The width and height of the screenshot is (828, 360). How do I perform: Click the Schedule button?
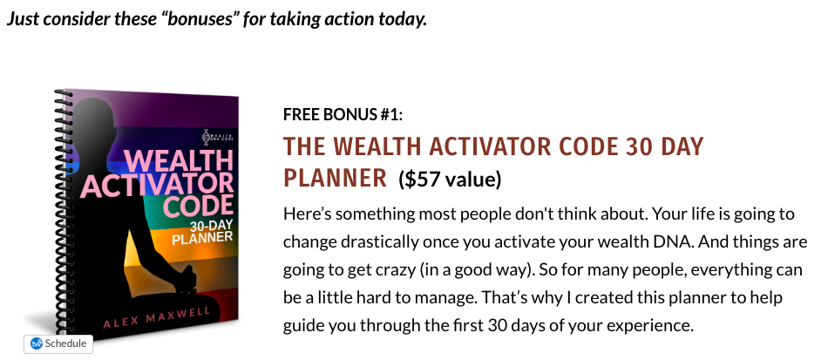tap(58, 343)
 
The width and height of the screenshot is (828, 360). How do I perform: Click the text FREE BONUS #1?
tap(343, 114)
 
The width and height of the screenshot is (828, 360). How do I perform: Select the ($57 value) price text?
tap(450, 180)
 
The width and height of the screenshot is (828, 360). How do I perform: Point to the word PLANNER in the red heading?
tap(336, 179)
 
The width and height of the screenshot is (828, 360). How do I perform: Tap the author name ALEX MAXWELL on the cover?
tap(156, 318)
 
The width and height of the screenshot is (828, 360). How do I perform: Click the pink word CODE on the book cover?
tap(198, 206)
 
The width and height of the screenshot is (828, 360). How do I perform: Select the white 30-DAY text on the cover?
tap(211, 227)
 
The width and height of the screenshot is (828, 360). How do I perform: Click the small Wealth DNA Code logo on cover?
tap(219, 137)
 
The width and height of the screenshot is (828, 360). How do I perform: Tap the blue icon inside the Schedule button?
tap(37, 343)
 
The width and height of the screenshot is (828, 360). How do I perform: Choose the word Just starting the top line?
tap(23, 19)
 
